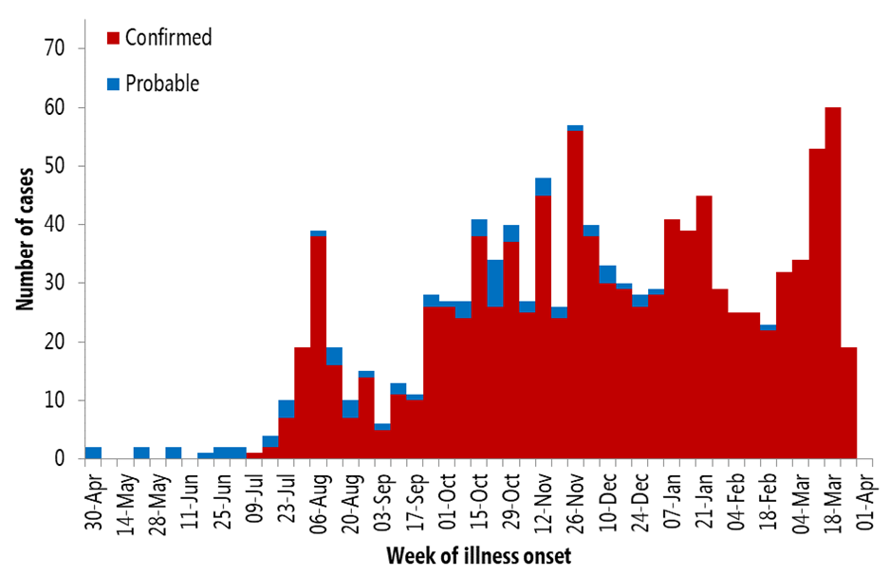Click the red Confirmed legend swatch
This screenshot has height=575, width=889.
[x=114, y=38]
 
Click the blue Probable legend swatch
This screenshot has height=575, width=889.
[x=114, y=83]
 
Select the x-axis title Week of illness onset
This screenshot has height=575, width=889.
[x=479, y=555]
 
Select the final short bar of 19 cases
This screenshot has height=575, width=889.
[x=849, y=403]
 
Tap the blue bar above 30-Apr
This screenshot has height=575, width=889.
[x=93, y=453]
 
